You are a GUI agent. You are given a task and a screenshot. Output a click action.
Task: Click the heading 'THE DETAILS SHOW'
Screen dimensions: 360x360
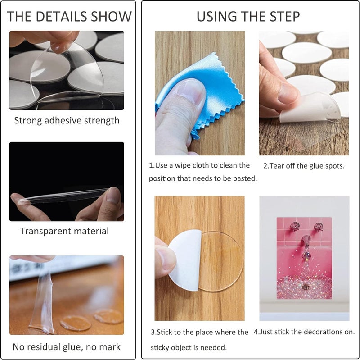(70, 17)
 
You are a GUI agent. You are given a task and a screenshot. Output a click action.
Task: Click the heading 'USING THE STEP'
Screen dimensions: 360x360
(248, 17)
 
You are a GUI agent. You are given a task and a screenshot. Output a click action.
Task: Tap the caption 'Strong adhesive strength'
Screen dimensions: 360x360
(67, 121)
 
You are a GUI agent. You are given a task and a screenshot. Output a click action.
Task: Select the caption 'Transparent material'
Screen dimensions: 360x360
(64, 232)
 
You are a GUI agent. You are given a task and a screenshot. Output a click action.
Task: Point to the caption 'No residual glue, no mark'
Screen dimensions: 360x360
(67, 347)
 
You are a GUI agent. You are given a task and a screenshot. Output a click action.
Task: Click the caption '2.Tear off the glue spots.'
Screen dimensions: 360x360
(304, 166)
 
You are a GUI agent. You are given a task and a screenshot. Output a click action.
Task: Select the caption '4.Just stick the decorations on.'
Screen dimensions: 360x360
(304, 332)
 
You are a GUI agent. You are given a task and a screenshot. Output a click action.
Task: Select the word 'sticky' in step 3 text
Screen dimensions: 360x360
(161, 347)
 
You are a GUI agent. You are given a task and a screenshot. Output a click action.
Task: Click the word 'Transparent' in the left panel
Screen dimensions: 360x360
(46, 232)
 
